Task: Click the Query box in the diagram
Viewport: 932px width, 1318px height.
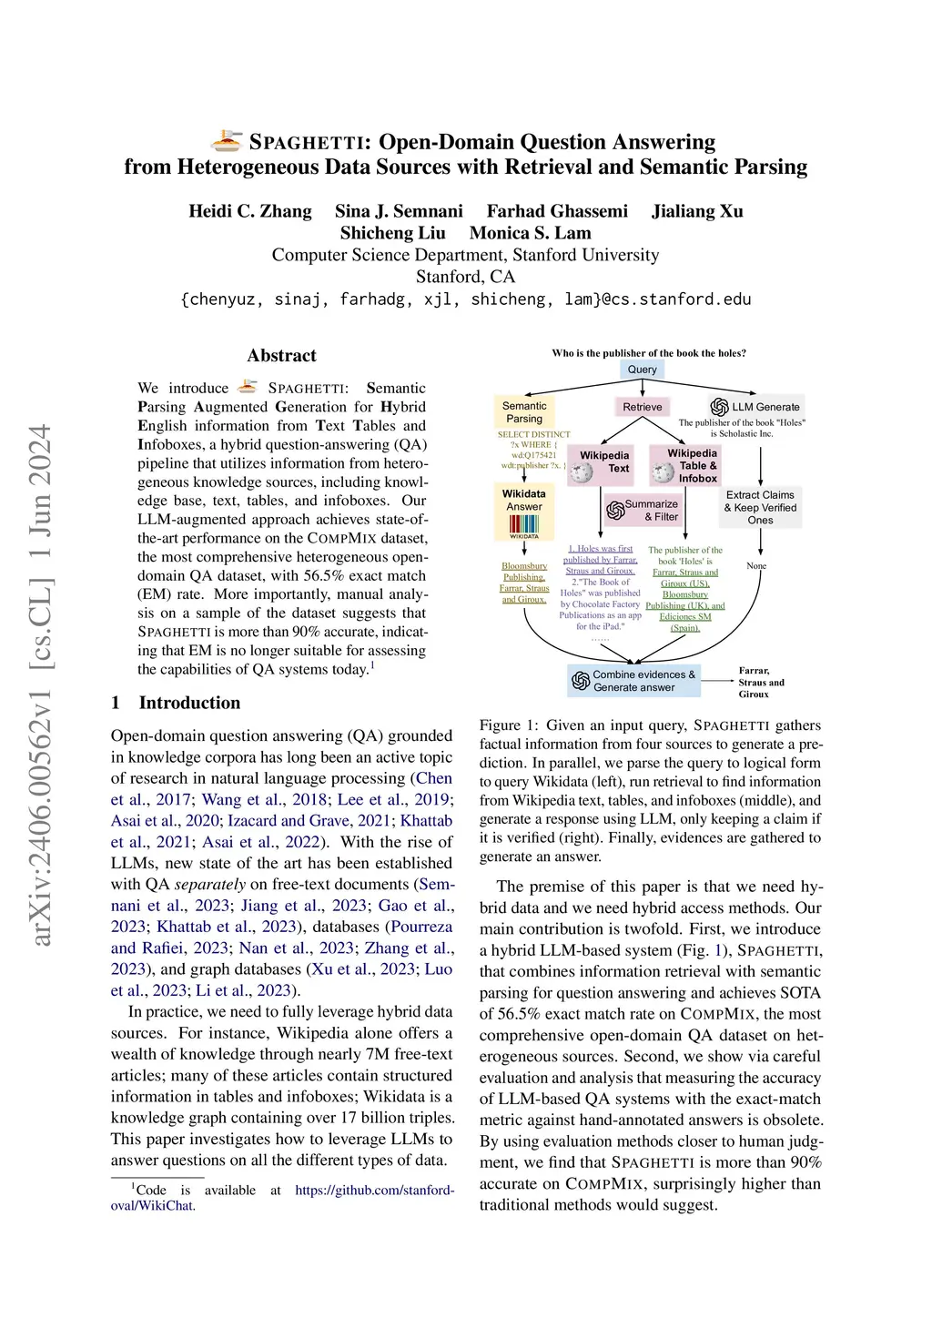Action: point(642,370)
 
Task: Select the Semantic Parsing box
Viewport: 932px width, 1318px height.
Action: point(524,412)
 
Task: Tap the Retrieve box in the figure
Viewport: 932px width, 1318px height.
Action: point(643,407)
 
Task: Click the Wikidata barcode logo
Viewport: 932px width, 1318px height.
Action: point(524,525)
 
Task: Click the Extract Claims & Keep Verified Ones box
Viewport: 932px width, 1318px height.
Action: point(760,508)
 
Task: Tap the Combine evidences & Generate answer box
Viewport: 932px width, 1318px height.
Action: point(634,681)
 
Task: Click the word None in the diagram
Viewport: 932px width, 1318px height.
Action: point(756,566)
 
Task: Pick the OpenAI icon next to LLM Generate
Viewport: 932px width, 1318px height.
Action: point(720,407)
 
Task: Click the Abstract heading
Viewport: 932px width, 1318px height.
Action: point(282,356)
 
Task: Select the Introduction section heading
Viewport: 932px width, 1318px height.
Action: point(189,703)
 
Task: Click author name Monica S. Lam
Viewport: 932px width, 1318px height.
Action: point(530,233)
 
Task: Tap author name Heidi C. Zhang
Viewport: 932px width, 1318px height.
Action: point(250,211)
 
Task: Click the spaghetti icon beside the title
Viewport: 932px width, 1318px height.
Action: point(227,141)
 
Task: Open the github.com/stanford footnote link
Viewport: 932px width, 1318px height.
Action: point(374,1190)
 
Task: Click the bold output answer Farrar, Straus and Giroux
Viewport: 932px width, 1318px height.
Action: point(761,683)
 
